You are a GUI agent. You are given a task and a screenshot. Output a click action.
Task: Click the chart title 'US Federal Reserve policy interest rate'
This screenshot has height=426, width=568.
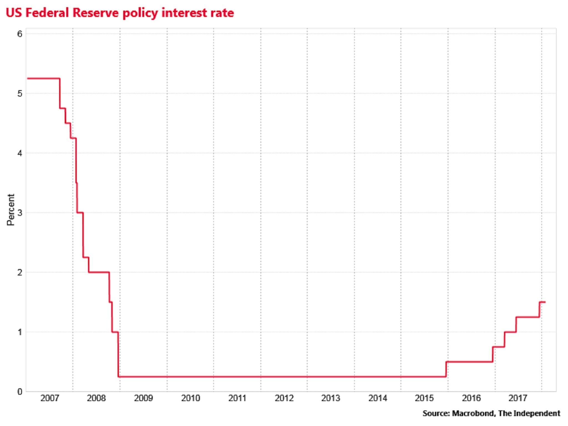pyautogui.click(x=120, y=13)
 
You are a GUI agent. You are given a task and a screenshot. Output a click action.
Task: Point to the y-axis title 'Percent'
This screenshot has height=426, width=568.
pyautogui.click(x=11, y=210)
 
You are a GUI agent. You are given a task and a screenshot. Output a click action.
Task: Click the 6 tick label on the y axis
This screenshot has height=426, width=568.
pyautogui.click(x=19, y=34)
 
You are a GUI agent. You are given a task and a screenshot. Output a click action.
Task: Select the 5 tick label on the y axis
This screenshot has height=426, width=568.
pyautogui.click(x=19, y=93)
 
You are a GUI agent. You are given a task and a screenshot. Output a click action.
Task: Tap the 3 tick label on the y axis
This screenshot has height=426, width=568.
pyautogui.click(x=19, y=213)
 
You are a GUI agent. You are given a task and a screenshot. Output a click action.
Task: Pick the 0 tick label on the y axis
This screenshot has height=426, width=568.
pyautogui.click(x=19, y=392)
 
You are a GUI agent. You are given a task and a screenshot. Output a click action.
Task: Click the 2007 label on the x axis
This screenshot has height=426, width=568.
pyautogui.click(x=50, y=398)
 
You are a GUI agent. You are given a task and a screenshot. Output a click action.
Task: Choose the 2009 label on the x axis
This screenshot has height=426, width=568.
pyautogui.click(x=143, y=398)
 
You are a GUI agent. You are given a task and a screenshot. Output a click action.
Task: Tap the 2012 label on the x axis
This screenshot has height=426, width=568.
pyautogui.click(x=284, y=398)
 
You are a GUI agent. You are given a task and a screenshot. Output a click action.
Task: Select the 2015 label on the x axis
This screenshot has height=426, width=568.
pyautogui.click(x=424, y=398)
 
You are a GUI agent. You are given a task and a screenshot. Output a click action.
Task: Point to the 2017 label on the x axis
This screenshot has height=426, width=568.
pyautogui.click(x=518, y=398)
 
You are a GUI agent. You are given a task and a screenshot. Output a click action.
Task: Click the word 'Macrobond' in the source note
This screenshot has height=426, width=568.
pyautogui.click(x=473, y=414)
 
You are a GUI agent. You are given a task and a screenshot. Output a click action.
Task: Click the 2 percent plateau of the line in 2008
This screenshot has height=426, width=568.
pyautogui.click(x=99, y=272)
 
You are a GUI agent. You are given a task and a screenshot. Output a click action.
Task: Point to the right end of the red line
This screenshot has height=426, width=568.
pyautogui.click(x=545, y=302)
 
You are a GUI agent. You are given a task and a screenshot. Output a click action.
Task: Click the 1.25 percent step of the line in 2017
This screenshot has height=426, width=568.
pyautogui.click(x=528, y=317)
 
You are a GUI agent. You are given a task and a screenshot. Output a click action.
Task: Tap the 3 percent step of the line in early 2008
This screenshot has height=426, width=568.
pyautogui.click(x=80, y=212)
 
